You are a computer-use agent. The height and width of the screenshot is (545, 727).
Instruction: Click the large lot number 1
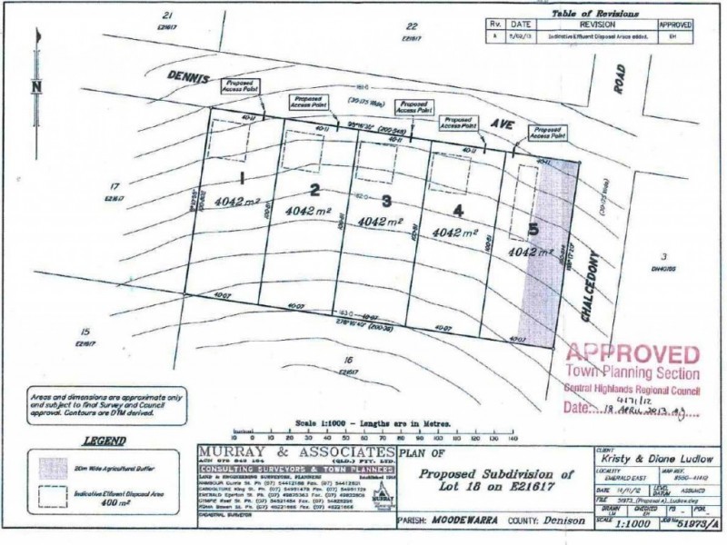[243, 176]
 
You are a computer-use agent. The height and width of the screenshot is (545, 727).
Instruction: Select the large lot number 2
[314, 190]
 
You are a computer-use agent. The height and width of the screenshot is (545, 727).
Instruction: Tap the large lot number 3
[386, 201]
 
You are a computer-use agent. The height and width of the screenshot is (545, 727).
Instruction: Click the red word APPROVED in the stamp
[632, 355]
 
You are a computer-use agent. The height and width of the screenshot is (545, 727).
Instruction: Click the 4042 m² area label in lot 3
[382, 222]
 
